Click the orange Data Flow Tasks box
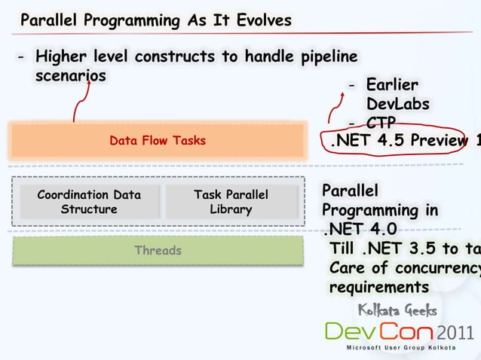pos(158,141)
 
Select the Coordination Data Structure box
pos(89,202)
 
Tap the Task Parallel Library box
pos(230,202)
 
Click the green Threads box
pos(158,250)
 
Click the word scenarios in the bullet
pos(70,76)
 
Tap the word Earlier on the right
pos(392,85)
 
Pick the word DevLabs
pos(397,104)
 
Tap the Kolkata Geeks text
pos(397,310)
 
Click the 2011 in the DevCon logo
pos(455,332)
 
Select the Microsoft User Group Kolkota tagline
pos(399,349)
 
